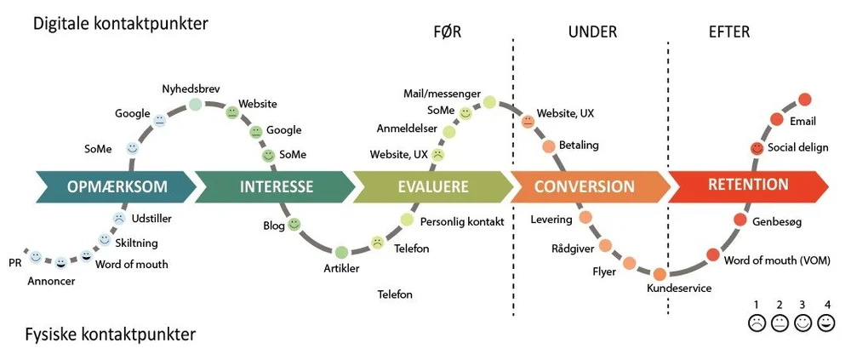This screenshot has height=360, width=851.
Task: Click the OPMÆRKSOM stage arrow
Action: pos(116,186)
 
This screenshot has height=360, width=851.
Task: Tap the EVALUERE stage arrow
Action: pos(432,186)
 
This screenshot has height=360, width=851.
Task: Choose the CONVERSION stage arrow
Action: pos(590,186)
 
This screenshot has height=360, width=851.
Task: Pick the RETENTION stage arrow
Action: pos(748,186)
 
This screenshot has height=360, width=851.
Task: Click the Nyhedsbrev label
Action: pos(191,89)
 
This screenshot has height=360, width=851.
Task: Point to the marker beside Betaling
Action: pos(549,146)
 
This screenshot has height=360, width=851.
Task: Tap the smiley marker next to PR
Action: pos(36,257)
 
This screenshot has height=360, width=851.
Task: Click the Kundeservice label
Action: pos(679,289)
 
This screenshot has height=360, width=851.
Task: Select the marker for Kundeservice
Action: pos(660,274)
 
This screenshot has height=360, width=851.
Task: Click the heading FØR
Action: pos(448,32)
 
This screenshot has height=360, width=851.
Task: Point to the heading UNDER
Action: pos(592,32)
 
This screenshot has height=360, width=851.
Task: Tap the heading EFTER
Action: pos(729,32)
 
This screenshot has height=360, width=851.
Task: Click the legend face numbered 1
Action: pos(757,323)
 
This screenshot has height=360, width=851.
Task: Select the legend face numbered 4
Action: pos(826,323)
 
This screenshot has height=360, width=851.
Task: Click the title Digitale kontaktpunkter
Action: pos(121,25)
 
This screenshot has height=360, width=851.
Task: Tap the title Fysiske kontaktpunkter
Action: pos(110,334)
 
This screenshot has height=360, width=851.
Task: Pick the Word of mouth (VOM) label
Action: pos(777,260)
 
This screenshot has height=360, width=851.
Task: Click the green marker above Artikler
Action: pos(341,252)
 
